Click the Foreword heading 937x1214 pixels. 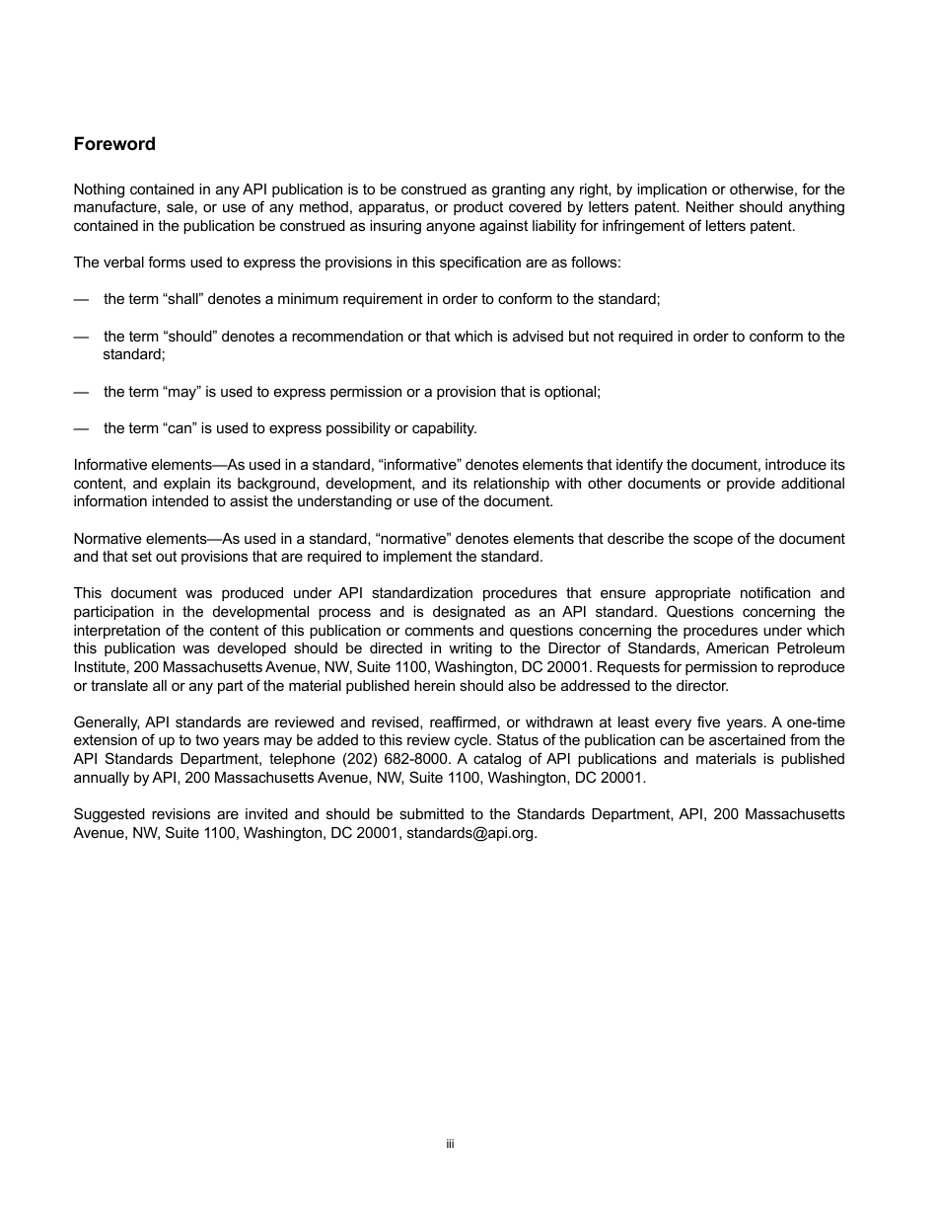coord(114,144)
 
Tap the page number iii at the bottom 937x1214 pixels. coord(449,1144)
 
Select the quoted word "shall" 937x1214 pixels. coord(181,299)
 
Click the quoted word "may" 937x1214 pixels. coord(180,392)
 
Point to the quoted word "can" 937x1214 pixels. coord(180,428)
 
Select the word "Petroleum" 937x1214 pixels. coord(812,648)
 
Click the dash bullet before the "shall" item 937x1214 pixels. coord(81,299)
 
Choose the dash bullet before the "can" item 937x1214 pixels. coord(81,428)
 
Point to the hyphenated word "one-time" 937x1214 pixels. coord(815,722)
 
